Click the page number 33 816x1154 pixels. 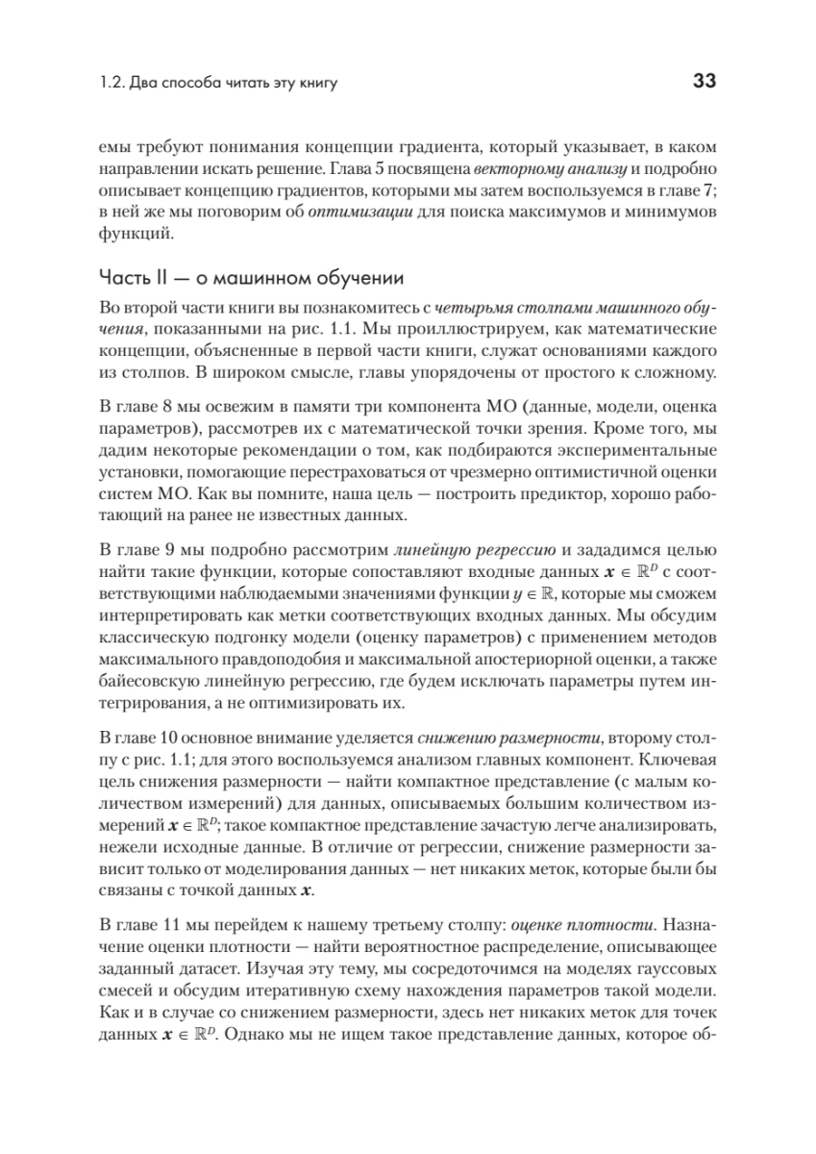(x=703, y=83)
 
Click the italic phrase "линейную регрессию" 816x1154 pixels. (x=474, y=551)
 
